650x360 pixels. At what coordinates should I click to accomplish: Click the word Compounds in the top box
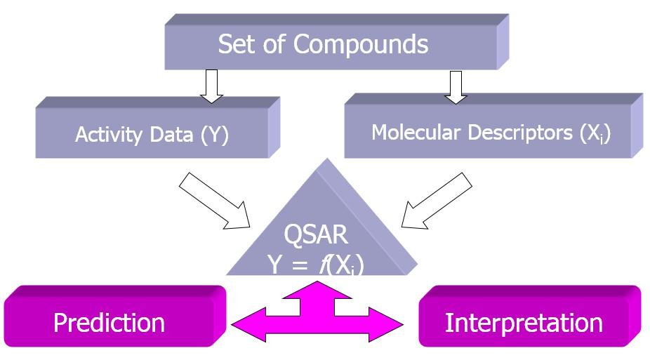(x=360, y=44)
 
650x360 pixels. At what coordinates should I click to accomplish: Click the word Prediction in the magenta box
(x=109, y=322)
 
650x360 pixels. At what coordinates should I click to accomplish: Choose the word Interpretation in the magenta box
(x=524, y=322)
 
